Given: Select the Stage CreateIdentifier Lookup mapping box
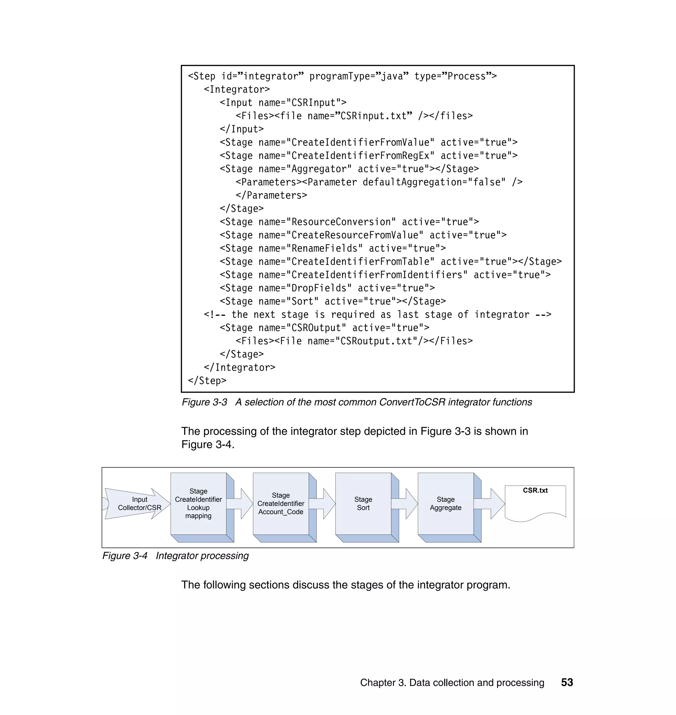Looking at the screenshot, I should (198, 504).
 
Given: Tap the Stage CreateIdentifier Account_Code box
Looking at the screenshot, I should (281, 504).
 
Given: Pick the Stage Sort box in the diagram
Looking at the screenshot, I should (363, 504).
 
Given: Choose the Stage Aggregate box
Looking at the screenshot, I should (445, 504).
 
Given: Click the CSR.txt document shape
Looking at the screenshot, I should (535, 502).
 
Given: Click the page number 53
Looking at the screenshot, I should (567, 682).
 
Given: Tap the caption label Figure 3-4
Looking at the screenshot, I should (125, 555).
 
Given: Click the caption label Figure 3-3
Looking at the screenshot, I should (204, 402).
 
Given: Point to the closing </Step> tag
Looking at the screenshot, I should (207, 381).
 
